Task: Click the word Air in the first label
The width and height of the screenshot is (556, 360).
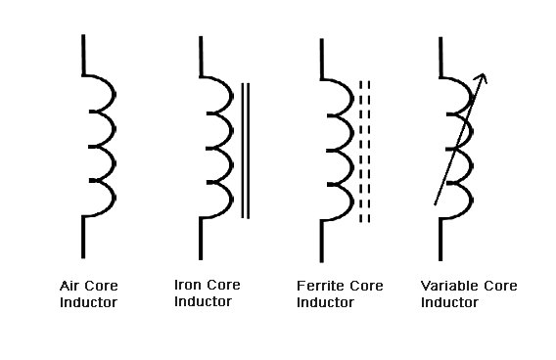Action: [x=69, y=287]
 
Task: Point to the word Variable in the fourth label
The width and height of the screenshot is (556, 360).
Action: [x=446, y=287]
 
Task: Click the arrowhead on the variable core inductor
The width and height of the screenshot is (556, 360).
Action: [x=483, y=78]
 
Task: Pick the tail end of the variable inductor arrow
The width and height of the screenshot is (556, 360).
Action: [x=437, y=202]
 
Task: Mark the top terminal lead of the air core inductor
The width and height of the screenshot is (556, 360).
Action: [x=84, y=54]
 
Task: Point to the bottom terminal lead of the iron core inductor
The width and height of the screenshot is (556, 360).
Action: [x=202, y=239]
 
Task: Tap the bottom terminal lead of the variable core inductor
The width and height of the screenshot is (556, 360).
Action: [x=440, y=239]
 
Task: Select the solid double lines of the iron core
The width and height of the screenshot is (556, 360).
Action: [x=245, y=149]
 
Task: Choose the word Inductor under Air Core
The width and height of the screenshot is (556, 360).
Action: [x=88, y=302]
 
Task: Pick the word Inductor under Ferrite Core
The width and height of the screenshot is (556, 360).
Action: [x=325, y=302]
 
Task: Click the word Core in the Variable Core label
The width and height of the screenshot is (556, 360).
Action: [x=497, y=287]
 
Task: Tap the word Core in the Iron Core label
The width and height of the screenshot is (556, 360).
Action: [x=224, y=286]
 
